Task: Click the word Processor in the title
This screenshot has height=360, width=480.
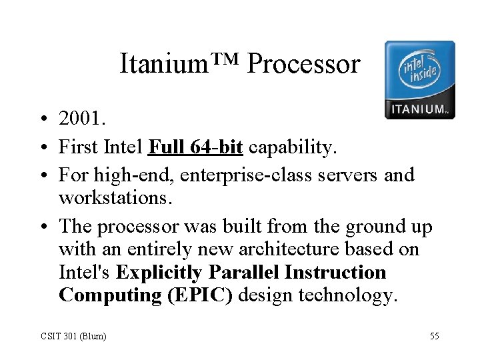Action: [303, 64]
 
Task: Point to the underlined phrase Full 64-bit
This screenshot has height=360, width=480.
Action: [195, 147]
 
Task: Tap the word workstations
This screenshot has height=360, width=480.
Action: [117, 198]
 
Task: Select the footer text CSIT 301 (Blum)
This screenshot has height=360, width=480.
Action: [74, 336]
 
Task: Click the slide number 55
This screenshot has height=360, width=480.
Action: [434, 336]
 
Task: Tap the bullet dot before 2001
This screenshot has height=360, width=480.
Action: [41, 119]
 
